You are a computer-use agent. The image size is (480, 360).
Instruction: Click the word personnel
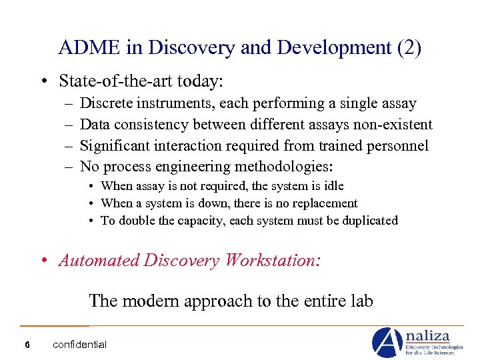[399, 146]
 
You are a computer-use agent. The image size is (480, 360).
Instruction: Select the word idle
[333, 186]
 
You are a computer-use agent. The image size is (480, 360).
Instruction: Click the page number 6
[26, 345]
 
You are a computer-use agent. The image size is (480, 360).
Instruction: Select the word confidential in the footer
[79, 345]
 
